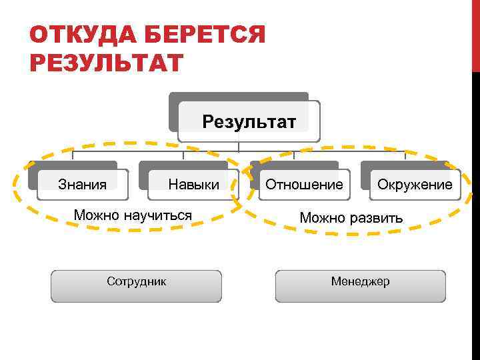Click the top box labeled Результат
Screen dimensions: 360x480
point(249,122)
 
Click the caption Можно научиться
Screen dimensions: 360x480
point(133,215)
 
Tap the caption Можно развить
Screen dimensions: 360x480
point(351,218)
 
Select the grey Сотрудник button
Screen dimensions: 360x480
point(137,285)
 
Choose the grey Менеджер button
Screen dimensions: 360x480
point(361,285)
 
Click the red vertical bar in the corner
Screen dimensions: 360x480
point(476,33)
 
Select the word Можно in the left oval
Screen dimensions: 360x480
point(94,215)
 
